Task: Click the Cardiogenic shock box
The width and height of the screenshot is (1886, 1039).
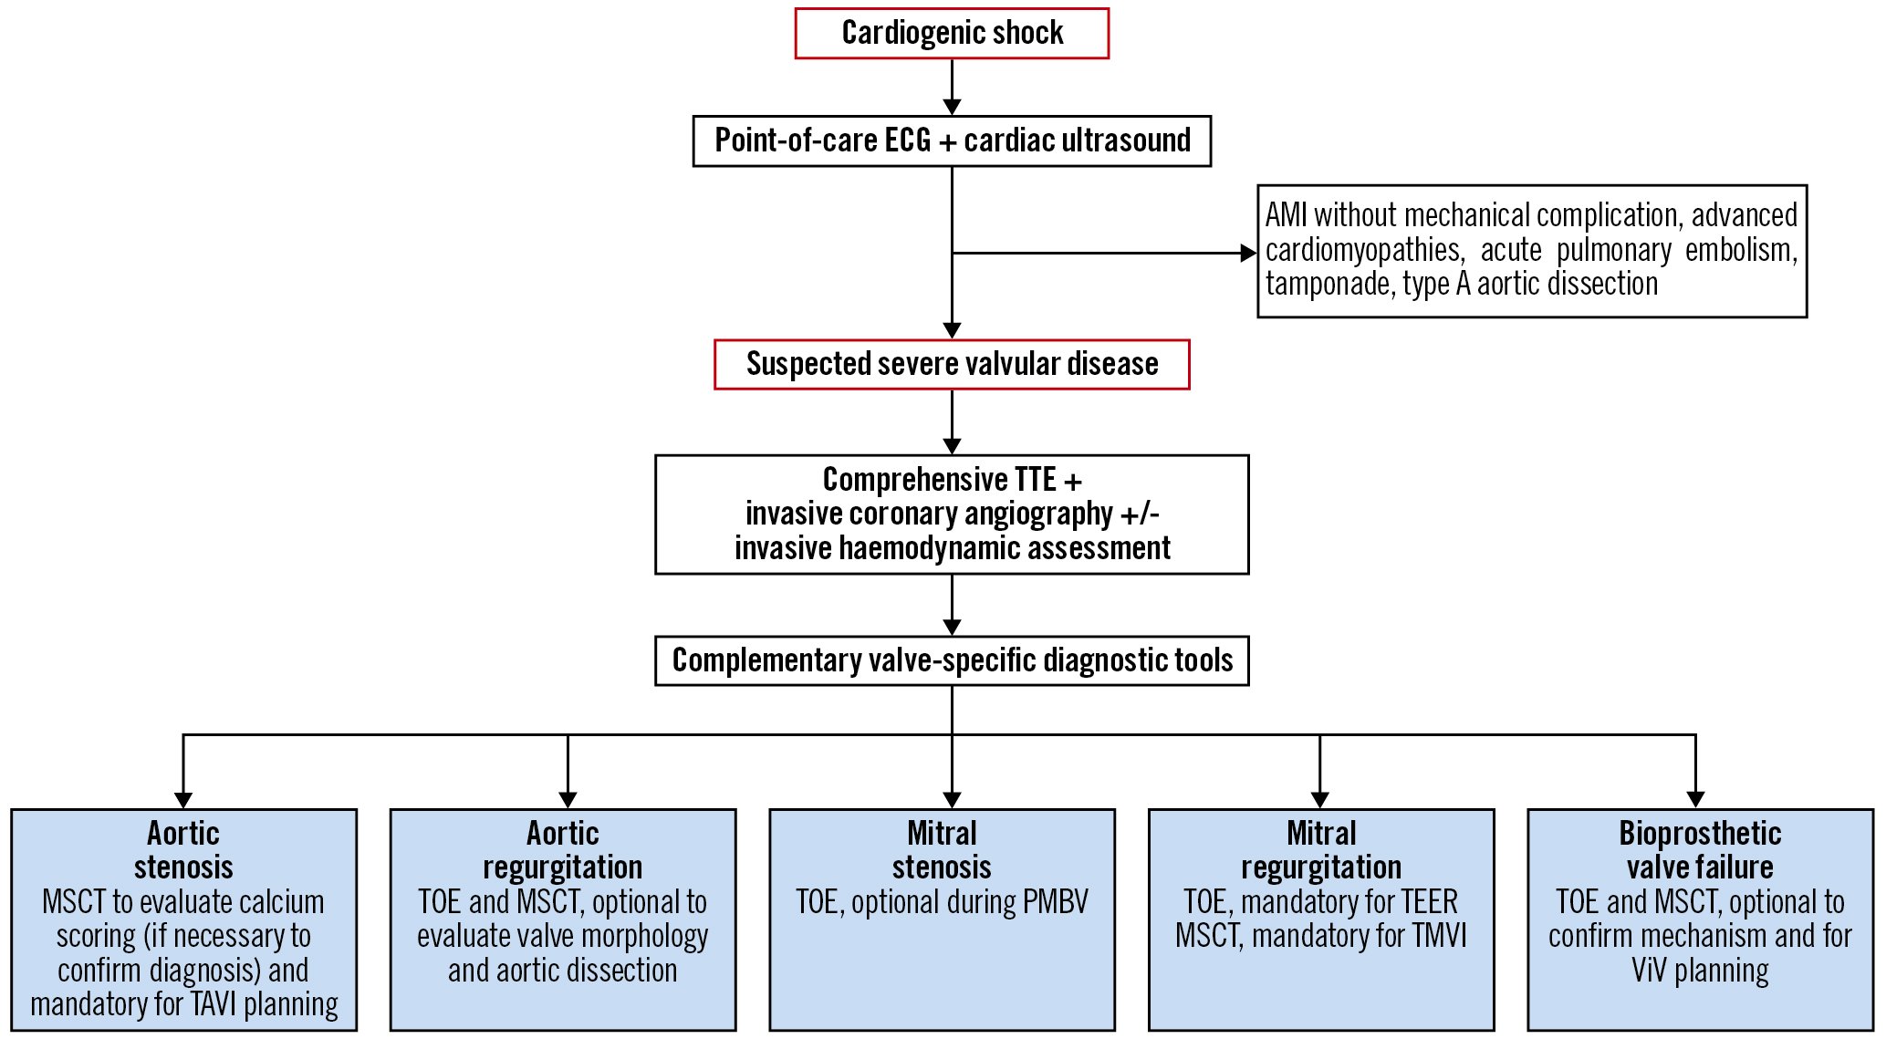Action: tap(952, 34)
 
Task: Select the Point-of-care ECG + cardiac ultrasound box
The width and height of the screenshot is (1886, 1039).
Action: tap(952, 140)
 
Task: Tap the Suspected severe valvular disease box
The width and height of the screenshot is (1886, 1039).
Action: tap(952, 364)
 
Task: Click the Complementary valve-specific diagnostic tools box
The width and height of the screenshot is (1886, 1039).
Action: tap(952, 660)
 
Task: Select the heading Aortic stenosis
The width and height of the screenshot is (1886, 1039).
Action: tap(183, 849)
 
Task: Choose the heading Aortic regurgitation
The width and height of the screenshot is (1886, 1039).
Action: tap(563, 849)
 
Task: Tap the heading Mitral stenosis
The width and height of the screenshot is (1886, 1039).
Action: tap(942, 849)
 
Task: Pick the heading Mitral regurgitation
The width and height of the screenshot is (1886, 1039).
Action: tap(1321, 849)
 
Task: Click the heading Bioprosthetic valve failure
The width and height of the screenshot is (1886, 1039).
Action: tap(1700, 849)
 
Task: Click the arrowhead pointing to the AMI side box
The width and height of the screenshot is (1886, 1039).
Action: tap(1249, 254)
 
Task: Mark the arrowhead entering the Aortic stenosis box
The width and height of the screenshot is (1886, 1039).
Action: tap(183, 800)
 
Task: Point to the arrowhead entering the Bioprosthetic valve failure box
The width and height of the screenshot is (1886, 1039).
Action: tap(1695, 800)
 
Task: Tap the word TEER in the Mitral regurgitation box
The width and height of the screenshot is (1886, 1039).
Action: tap(1429, 902)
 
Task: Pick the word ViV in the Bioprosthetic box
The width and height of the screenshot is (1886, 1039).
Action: tap(1649, 971)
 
